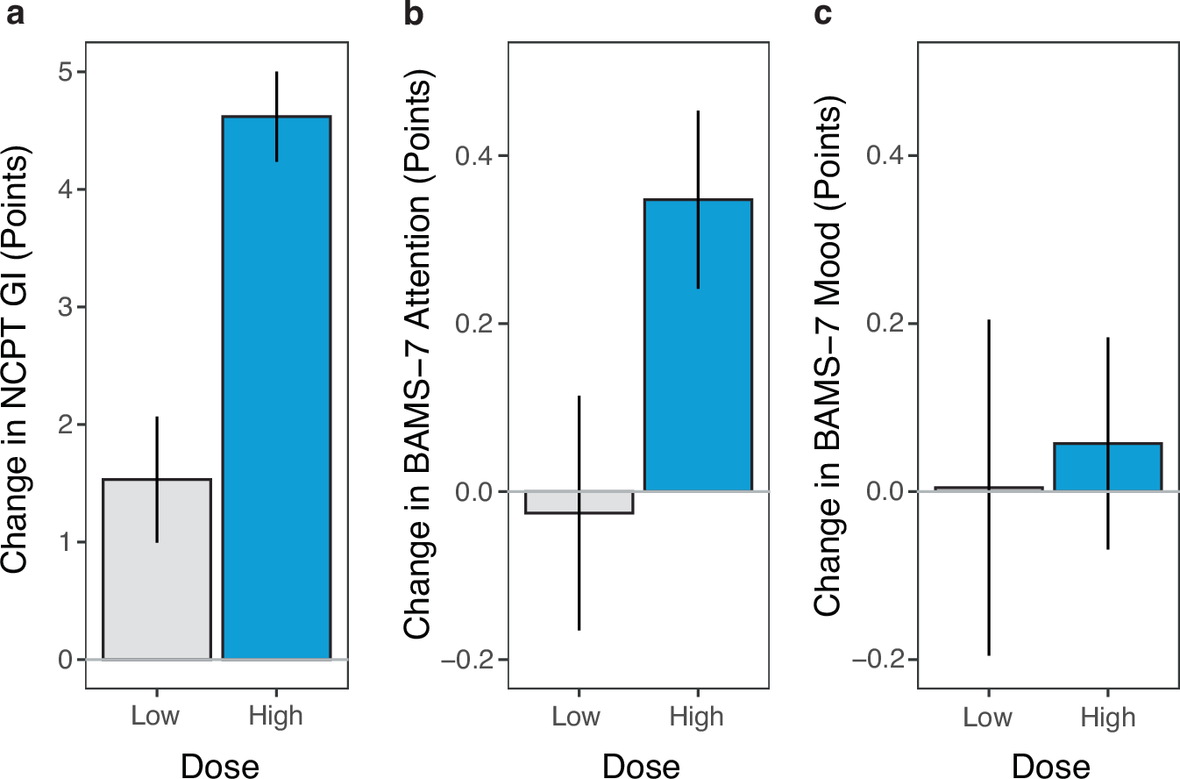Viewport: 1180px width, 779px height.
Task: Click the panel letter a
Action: [16, 15]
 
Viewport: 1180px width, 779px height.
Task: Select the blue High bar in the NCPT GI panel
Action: [276, 387]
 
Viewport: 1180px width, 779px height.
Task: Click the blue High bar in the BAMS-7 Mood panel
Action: [1107, 468]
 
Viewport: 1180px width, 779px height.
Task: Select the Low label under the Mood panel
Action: [988, 718]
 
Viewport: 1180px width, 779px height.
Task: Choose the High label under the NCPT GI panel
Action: [276, 716]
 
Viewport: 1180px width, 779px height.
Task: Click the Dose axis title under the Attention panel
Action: [641, 764]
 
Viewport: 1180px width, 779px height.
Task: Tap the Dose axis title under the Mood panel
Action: [1050, 764]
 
